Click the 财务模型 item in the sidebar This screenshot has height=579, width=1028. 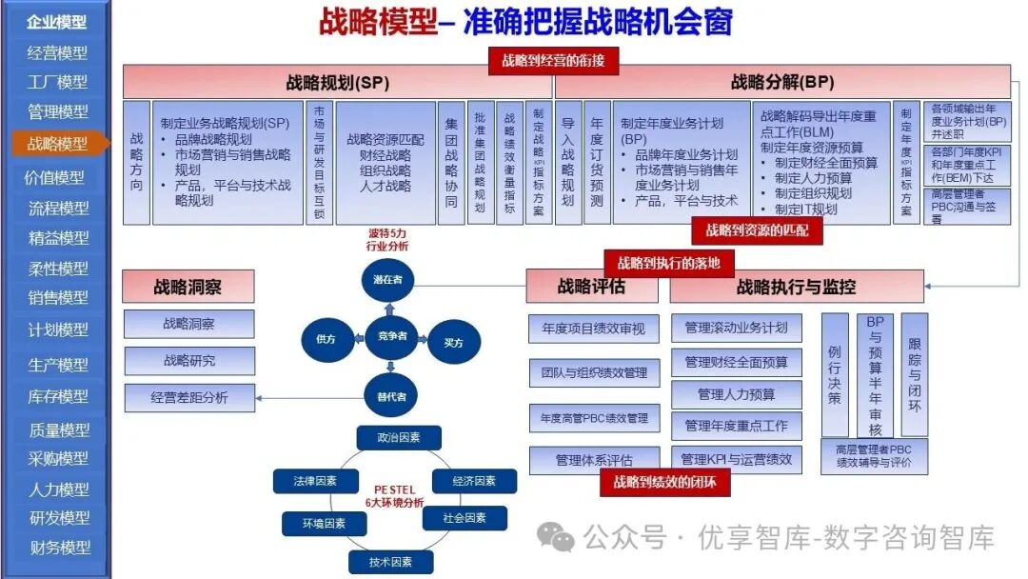point(58,548)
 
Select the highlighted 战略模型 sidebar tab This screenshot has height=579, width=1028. point(58,144)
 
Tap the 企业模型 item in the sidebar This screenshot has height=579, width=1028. point(56,21)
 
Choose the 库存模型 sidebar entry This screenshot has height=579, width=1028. point(58,396)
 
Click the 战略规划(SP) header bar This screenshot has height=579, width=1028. point(338,82)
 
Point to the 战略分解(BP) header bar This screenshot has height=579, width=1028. point(782,82)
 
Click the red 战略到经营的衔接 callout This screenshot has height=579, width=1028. point(553,61)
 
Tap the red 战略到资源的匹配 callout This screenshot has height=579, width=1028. point(758,230)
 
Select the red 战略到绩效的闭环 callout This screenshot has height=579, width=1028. point(664,483)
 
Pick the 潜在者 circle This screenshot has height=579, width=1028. point(389,280)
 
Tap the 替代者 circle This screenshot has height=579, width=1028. point(390,395)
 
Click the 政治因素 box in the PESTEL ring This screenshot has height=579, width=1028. point(399,438)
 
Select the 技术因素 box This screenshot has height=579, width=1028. point(390,562)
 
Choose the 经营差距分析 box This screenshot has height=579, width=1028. point(189,398)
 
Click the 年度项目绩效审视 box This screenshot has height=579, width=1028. point(594,329)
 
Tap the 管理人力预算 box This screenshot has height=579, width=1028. point(736,394)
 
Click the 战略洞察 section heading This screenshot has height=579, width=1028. point(188,287)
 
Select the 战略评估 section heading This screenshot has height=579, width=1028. point(592,287)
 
